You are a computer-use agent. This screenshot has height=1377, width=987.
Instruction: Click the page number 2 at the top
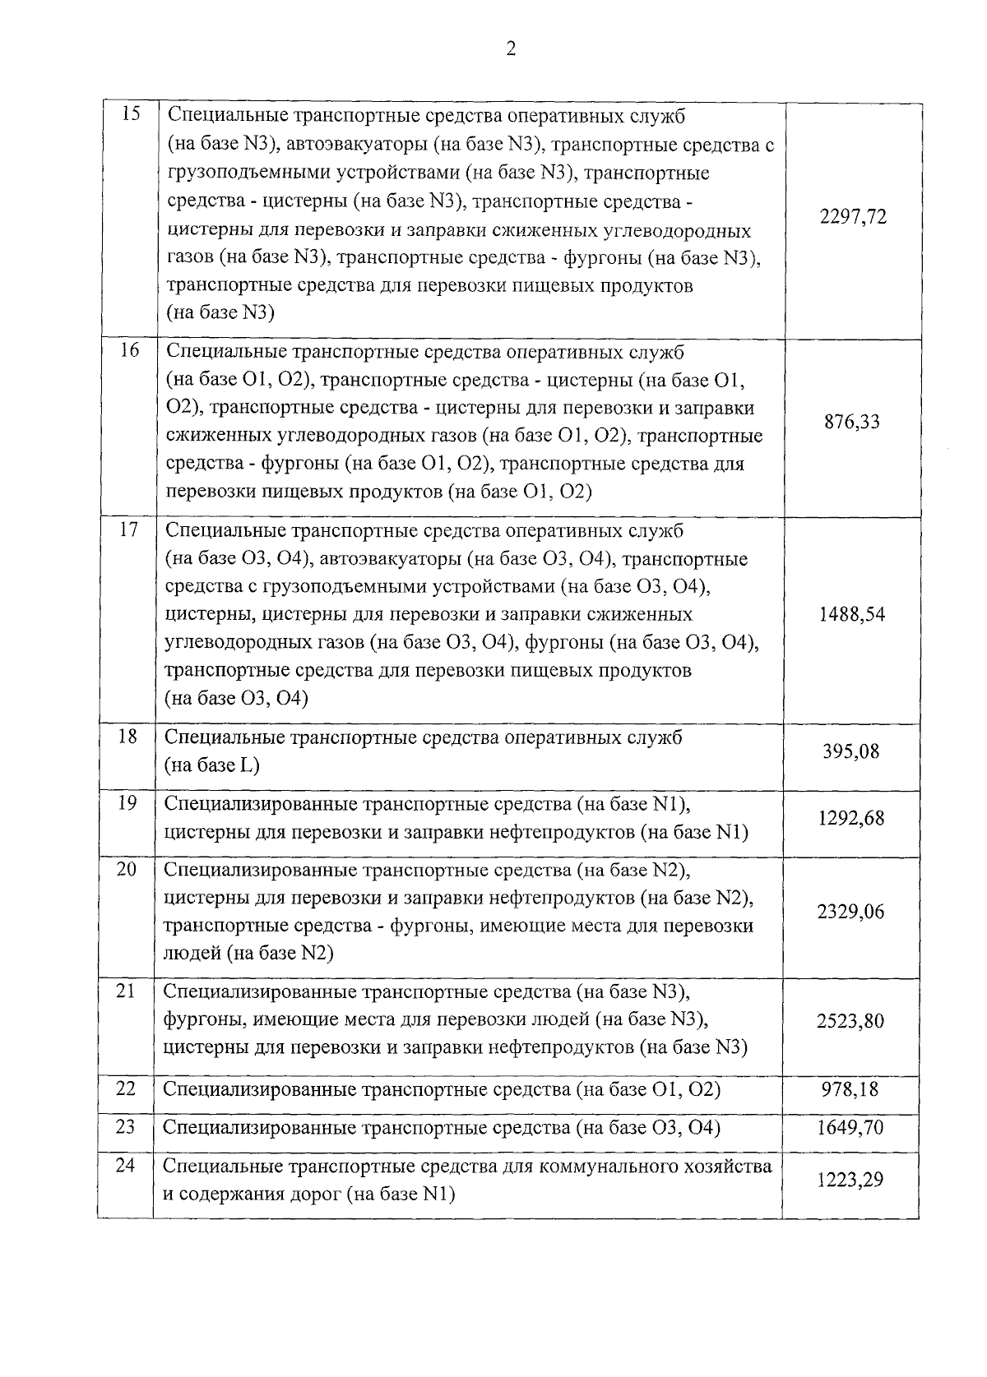(x=510, y=49)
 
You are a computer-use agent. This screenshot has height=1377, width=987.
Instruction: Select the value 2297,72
(x=853, y=217)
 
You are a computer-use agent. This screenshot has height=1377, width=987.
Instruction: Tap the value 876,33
(x=851, y=422)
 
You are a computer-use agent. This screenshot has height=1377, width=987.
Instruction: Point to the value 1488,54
(x=851, y=614)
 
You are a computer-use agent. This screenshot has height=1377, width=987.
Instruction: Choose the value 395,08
(x=851, y=751)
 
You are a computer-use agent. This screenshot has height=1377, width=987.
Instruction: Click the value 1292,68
(x=851, y=818)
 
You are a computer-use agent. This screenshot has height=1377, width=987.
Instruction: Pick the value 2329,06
(x=850, y=912)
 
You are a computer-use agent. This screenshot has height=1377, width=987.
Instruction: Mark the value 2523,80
(x=850, y=1020)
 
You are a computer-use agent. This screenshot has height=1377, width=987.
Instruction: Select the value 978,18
(x=850, y=1089)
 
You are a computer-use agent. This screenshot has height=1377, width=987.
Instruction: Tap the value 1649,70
(x=850, y=1127)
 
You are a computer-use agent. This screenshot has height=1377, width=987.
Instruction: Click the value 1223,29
(x=850, y=1180)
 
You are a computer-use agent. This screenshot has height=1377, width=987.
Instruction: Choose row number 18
(x=127, y=736)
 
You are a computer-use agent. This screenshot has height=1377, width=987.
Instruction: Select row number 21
(x=126, y=991)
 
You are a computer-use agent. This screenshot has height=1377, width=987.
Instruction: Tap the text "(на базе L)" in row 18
(x=212, y=765)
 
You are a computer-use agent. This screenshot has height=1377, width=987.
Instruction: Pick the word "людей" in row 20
(x=190, y=954)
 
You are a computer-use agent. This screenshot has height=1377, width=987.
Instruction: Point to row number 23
(x=125, y=1125)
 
